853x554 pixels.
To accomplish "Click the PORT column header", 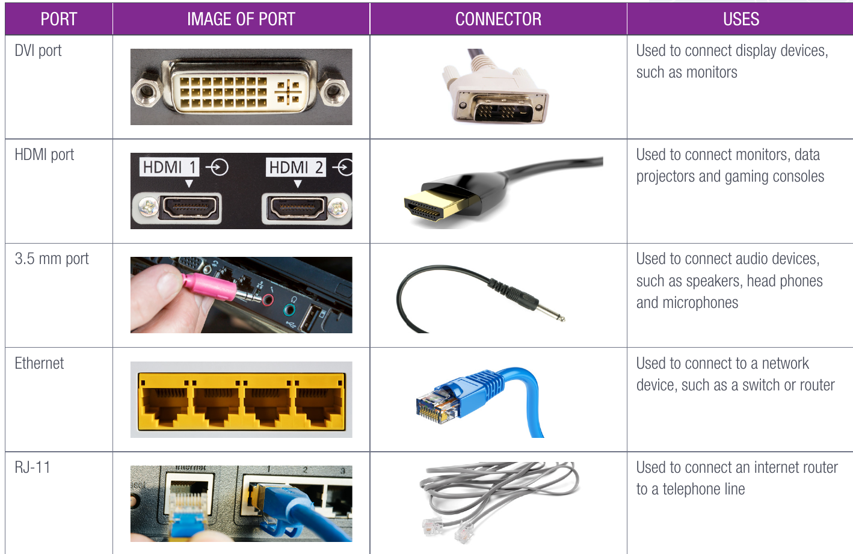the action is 58,19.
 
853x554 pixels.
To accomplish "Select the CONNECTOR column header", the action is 498,19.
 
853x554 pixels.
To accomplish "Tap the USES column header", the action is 741,19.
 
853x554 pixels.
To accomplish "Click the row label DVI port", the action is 38,51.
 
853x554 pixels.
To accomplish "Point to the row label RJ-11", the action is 32,467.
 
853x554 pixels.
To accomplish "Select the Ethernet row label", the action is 39,363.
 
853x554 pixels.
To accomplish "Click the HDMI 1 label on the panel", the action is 169,167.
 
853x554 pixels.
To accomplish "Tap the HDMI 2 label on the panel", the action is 296,167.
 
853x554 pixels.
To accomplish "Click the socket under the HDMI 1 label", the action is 189,208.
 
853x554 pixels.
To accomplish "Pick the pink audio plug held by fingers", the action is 209,286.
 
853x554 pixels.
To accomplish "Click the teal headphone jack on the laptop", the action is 289,309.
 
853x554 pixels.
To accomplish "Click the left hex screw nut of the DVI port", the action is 146,91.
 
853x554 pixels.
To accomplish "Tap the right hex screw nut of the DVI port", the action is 334,91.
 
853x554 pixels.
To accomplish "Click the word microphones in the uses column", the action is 700,303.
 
